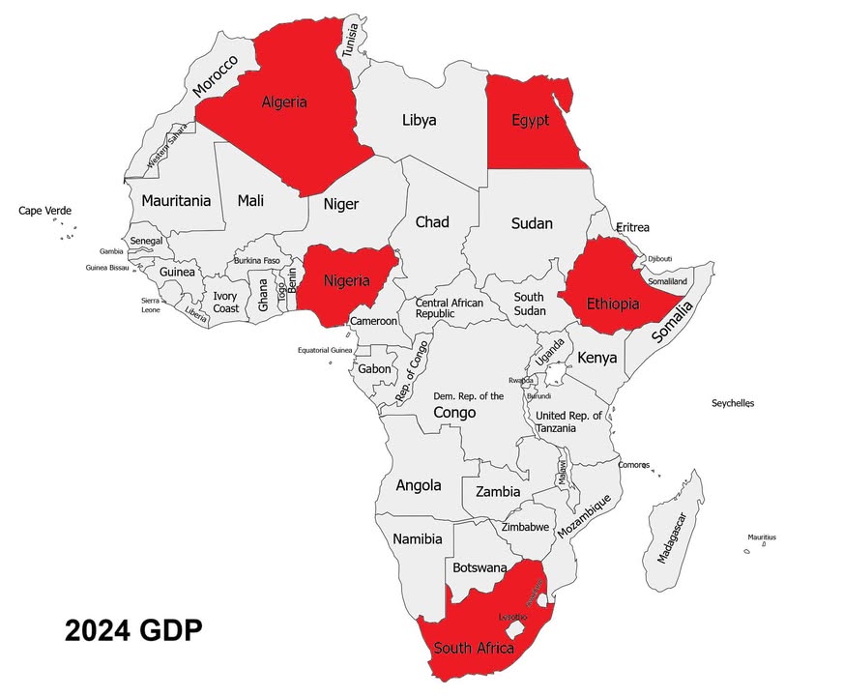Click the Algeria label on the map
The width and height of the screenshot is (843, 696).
tap(284, 101)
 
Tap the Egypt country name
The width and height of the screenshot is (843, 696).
tap(530, 121)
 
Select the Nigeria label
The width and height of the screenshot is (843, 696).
tap(346, 281)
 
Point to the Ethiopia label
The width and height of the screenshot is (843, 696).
tap(613, 304)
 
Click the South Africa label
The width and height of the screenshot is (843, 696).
tap(474, 648)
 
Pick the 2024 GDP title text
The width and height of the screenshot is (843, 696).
tap(133, 631)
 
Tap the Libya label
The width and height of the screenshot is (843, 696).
tap(419, 121)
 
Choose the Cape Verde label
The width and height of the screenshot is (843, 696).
tap(44, 211)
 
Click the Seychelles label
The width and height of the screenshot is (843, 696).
tap(732, 403)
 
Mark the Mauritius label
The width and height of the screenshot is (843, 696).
tap(761, 537)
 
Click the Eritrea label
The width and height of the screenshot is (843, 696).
tap(632, 227)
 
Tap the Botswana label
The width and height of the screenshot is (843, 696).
tap(480, 567)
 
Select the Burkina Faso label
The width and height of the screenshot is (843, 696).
tap(256, 261)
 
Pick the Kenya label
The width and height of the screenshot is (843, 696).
tap(596, 358)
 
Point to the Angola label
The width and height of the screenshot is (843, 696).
tap(419, 485)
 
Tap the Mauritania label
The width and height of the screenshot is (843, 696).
tap(175, 201)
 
